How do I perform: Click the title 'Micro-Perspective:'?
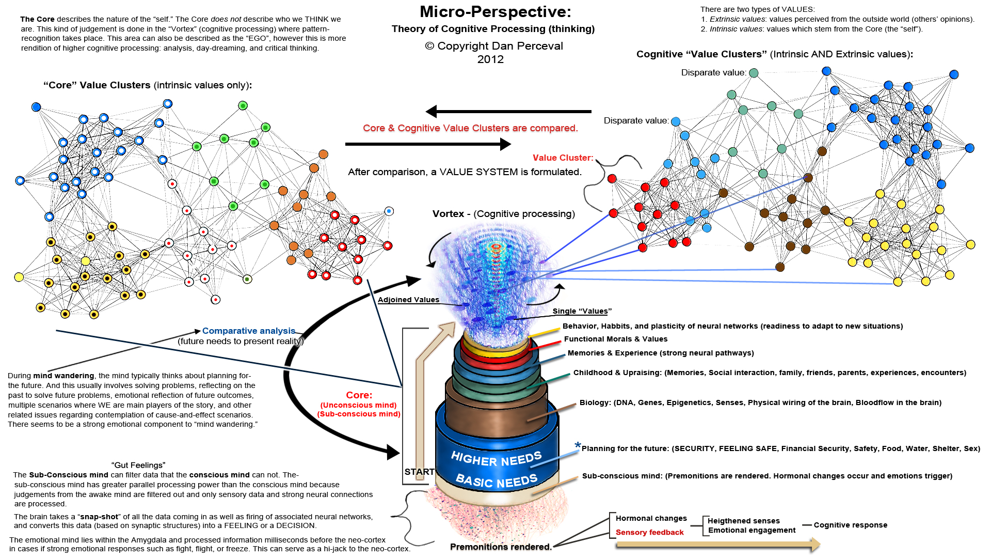[495, 12]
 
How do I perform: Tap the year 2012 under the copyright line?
[490, 59]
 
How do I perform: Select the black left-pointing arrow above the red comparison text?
[508, 111]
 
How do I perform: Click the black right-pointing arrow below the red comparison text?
[428, 144]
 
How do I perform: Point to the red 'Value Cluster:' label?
[563, 158]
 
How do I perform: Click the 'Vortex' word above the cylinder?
[448, 214]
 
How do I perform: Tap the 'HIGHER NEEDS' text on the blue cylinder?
[496, 458]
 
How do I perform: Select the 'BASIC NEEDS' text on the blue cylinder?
[497, 481]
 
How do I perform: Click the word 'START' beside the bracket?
[419, 472]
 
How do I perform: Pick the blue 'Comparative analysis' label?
[249, 331]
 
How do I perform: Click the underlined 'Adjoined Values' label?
[408, 300]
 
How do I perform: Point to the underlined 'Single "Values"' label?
[582, 311]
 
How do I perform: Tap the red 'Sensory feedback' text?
[649, 532]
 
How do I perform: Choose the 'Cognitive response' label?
[850, 525]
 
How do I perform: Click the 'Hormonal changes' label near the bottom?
[651, 518]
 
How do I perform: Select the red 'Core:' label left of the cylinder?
[359, 395]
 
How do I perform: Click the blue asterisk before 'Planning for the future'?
[578, 445]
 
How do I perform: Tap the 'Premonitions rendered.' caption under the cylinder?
[501, 547]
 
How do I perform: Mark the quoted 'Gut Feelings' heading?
[138, 465]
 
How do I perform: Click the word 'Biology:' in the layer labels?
[595, 402]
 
